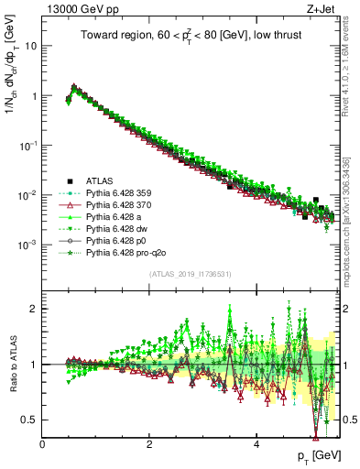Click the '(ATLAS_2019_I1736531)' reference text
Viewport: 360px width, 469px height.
tap(191, 275)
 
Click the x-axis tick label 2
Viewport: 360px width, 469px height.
tap(149, 444)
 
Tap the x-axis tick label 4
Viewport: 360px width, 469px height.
tap(256, 444)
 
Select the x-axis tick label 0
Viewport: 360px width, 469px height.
tap(43, 444)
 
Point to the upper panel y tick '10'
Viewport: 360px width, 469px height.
tap(32, 45)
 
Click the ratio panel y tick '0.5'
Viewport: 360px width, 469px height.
tap(29, 420)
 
